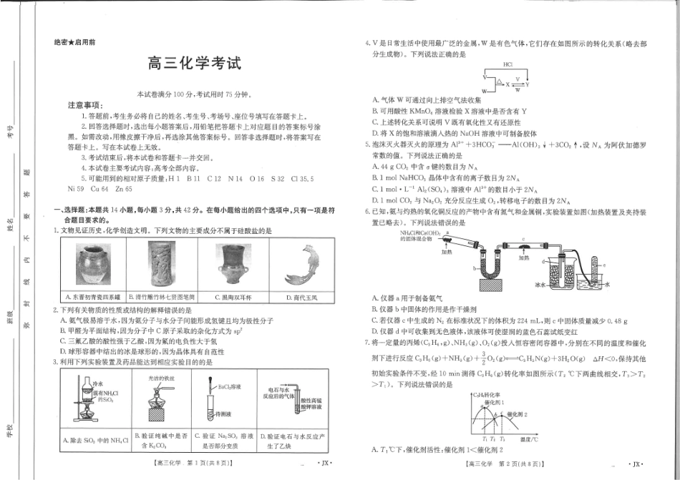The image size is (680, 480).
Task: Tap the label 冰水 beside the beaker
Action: [x=541, y=285]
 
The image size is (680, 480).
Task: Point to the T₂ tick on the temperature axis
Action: [x=493, y=439]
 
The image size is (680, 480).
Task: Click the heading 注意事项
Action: [x=86, y=105]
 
